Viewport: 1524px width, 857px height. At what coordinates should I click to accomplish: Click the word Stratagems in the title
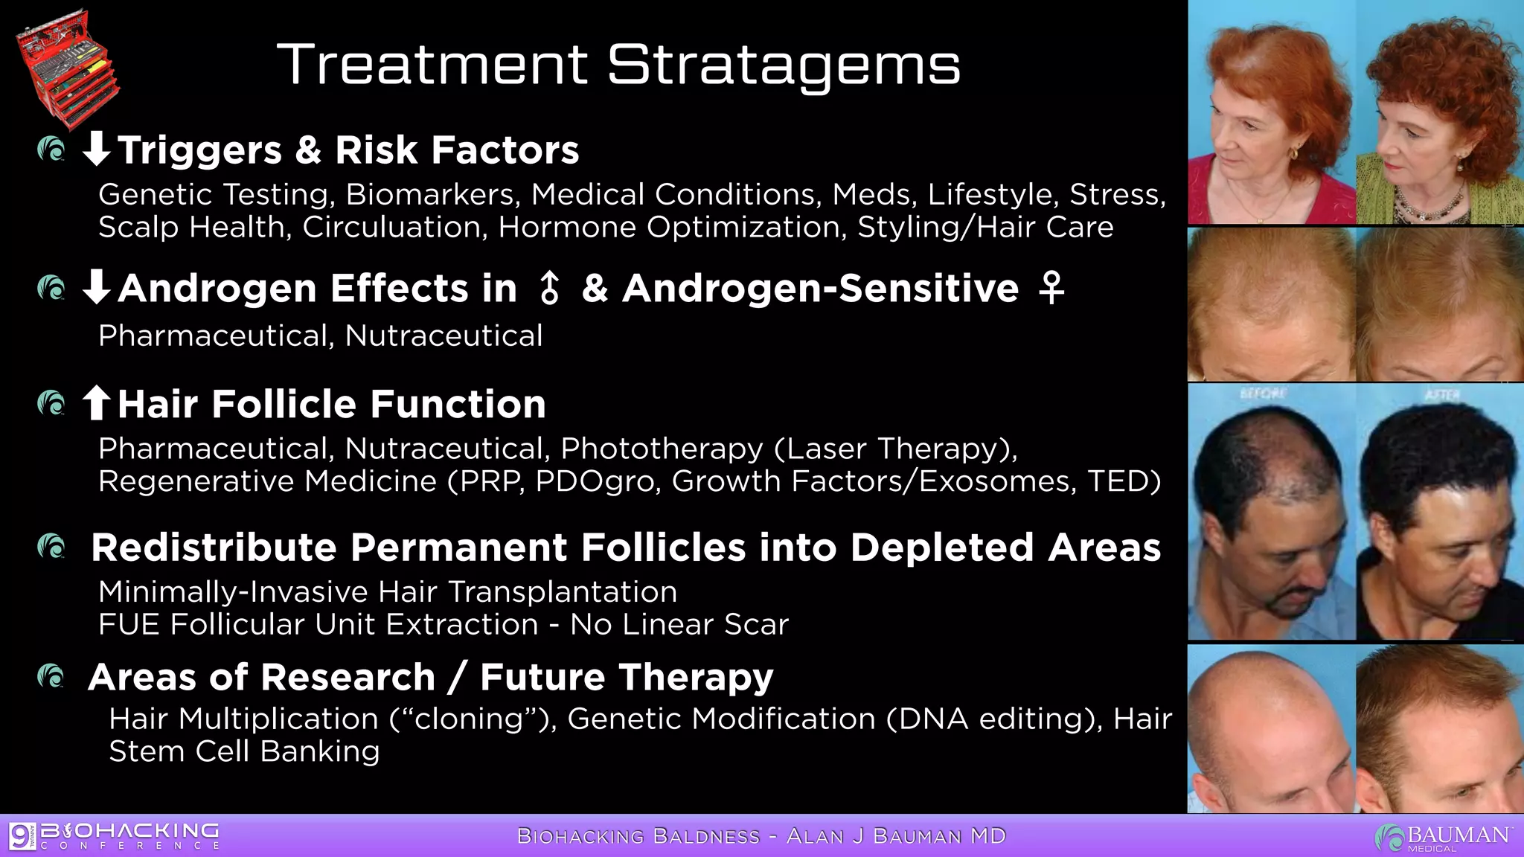point(784,65)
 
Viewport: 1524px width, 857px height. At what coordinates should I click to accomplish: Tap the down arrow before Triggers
point(96,149)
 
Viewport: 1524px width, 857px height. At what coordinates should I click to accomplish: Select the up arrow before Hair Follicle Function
point(96,403)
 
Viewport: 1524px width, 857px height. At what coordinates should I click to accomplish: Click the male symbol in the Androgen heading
point(549,289)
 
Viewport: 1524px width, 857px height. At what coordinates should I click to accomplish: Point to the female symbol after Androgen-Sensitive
point(1051,289)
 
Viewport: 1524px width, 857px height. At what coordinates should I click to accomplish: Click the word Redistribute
point(214,548)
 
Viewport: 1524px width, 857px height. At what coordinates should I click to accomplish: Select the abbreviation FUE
point(129,625)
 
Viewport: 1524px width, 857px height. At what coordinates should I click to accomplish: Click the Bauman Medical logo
point(1443,837)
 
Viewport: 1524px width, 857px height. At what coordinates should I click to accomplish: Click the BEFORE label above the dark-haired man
point(1262,394)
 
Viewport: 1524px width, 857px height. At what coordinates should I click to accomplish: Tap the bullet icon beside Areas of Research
point(51,676)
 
